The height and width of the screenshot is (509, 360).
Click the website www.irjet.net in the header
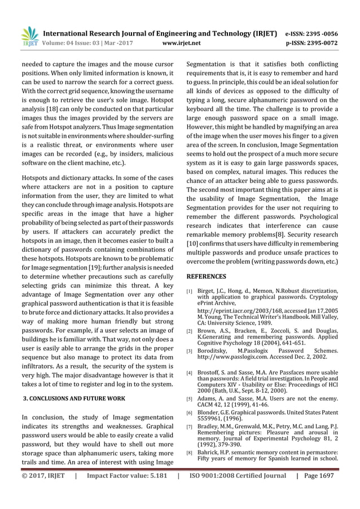coord(181,42)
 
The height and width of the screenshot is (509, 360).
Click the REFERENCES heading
coord(207,277)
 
